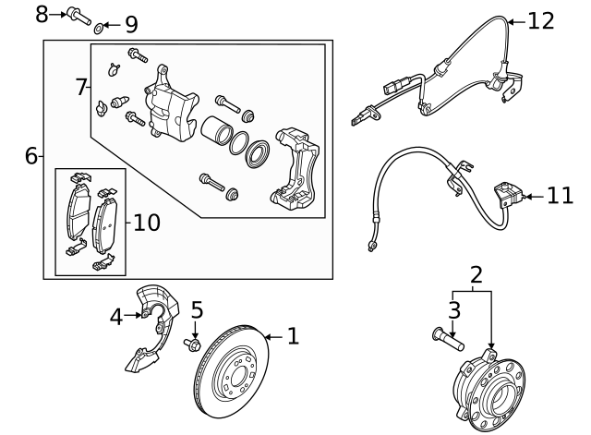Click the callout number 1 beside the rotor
293,336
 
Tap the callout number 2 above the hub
476,273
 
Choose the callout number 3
453,308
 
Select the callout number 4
115,317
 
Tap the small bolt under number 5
195,344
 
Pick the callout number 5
196,309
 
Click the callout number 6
31,156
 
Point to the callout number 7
81,87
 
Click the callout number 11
560,196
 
